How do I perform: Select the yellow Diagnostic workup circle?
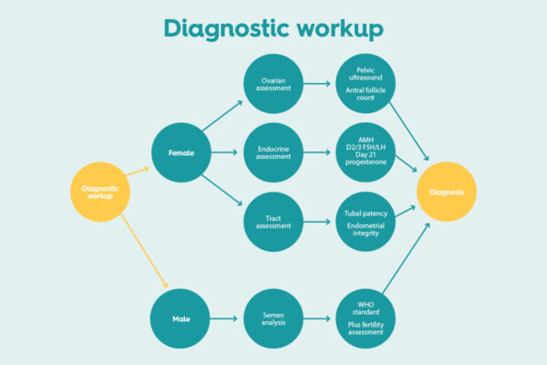click(x=100, y=191)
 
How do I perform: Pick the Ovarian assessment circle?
click(x=273, y=84)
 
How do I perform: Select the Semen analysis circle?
click(x=273, y=319)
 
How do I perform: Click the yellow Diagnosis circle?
click(x=447, y=192)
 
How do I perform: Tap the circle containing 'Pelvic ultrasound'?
click(x=365, y=84)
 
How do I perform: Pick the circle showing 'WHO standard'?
click(x=365, y=319)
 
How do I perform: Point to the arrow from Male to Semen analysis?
click(x=225, y=319)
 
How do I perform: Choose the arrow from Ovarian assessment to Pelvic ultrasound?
click(x=319, y=84)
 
